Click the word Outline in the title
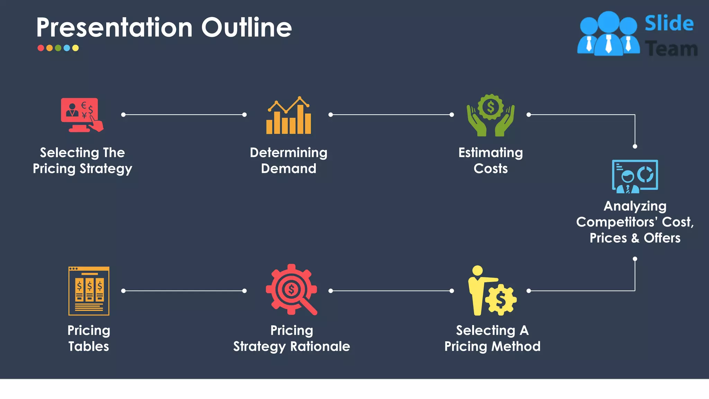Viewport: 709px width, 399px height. click(x=246, y=28)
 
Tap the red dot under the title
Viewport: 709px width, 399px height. click(x=41, y=48)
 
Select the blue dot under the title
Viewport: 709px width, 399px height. click(x=67, y=48)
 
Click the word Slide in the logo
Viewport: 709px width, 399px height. click(x=669, y=24)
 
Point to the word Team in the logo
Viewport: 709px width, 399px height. click(x=671, y=49)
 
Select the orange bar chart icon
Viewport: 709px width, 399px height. click(x=289, y=116)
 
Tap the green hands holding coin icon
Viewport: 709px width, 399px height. click(x=491, y=115)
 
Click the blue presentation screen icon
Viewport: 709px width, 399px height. click(x=635, y=176)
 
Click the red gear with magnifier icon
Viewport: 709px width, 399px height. click(x=291, y=290)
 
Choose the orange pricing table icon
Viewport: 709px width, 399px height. click(x=89, y=291)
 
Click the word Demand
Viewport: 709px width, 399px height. click(x=288, y=169)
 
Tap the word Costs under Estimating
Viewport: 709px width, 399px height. click(x=491, y=169)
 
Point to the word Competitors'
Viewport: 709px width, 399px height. click(x=617, y=222)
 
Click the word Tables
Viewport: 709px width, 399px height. click(x=89, y=346)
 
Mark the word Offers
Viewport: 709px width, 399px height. click(x=662, y=238)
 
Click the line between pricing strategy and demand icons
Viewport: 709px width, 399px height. click(x=184, y=115)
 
